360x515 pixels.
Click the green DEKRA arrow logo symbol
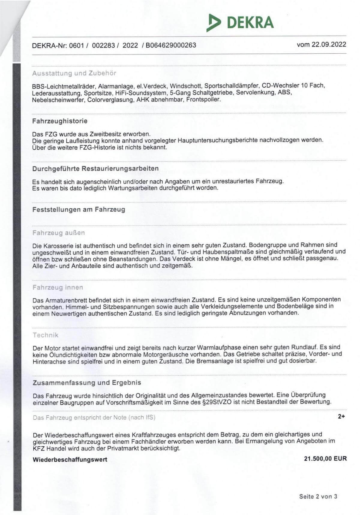[213, 22]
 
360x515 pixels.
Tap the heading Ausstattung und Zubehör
[74, 73]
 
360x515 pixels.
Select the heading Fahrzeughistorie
[60, 121]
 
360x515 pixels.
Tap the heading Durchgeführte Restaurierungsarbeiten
[95, 168]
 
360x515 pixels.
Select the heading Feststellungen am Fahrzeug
[79, 210]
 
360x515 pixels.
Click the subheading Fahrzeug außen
[58, 233]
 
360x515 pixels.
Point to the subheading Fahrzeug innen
[58, 287]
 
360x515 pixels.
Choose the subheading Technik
[46, 335]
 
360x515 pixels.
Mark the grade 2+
[341, 416]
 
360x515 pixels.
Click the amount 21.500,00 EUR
[325, 459]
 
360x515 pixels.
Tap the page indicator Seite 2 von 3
[318, 496]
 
